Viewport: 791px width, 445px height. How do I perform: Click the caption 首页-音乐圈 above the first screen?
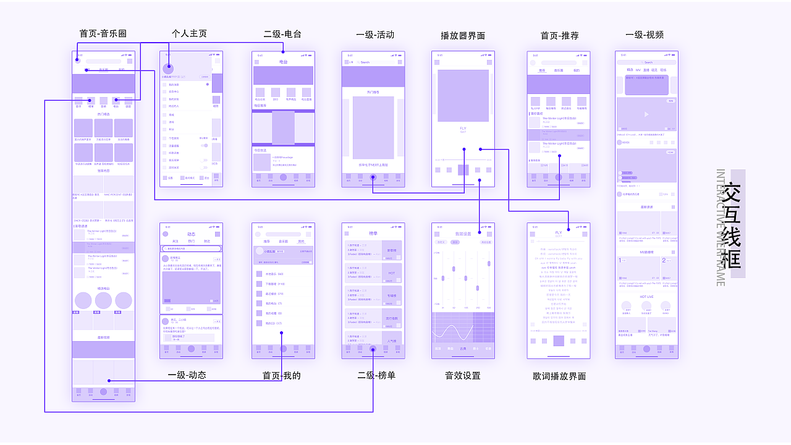103,33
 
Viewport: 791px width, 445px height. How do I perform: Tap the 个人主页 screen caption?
189,33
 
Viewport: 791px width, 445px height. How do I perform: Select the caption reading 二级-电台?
282,34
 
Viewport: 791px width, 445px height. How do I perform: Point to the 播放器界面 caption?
463,36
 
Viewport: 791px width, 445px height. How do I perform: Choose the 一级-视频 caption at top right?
645,35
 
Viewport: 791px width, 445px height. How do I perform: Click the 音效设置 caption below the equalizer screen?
462,375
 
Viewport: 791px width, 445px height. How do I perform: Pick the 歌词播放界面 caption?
559,376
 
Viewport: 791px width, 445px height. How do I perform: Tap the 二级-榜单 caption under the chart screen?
376,375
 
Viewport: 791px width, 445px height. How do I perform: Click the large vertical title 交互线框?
732,226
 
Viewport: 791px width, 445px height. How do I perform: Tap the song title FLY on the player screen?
463,129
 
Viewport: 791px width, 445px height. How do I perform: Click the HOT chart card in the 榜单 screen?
391,273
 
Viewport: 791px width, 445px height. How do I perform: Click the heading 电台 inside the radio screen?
283,62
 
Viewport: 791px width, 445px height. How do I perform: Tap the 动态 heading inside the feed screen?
191,234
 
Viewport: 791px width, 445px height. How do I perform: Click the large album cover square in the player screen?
463,96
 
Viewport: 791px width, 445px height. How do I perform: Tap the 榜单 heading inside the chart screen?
373,234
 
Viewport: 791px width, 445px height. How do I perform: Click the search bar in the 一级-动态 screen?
191,248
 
